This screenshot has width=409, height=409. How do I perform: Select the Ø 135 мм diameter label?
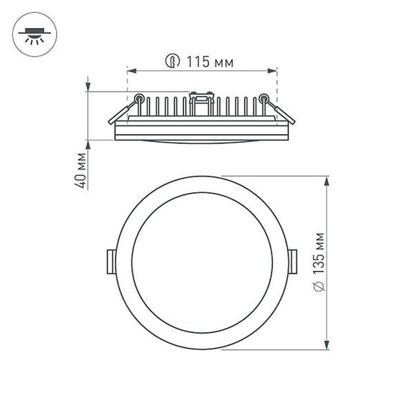click(x=320, y=263)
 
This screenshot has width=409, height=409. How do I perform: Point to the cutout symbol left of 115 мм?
click(x=172, y=62)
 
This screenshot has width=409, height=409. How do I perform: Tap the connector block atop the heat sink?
click(x=202, y=95)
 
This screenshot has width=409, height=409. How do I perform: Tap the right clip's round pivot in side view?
click(x=265, y=98)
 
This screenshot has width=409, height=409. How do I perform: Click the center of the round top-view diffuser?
click(x=202, y=263)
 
